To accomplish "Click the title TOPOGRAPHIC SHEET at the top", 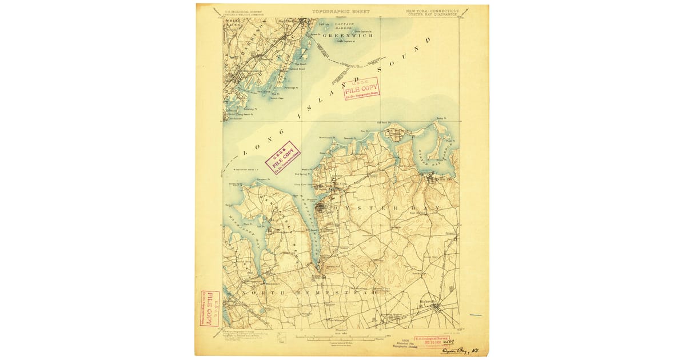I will [x=341, y=11].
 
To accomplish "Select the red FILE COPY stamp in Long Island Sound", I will [x=362, y=89].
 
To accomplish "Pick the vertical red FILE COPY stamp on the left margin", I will [x=210, y=309].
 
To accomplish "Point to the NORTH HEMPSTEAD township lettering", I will [x=309, y=292].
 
